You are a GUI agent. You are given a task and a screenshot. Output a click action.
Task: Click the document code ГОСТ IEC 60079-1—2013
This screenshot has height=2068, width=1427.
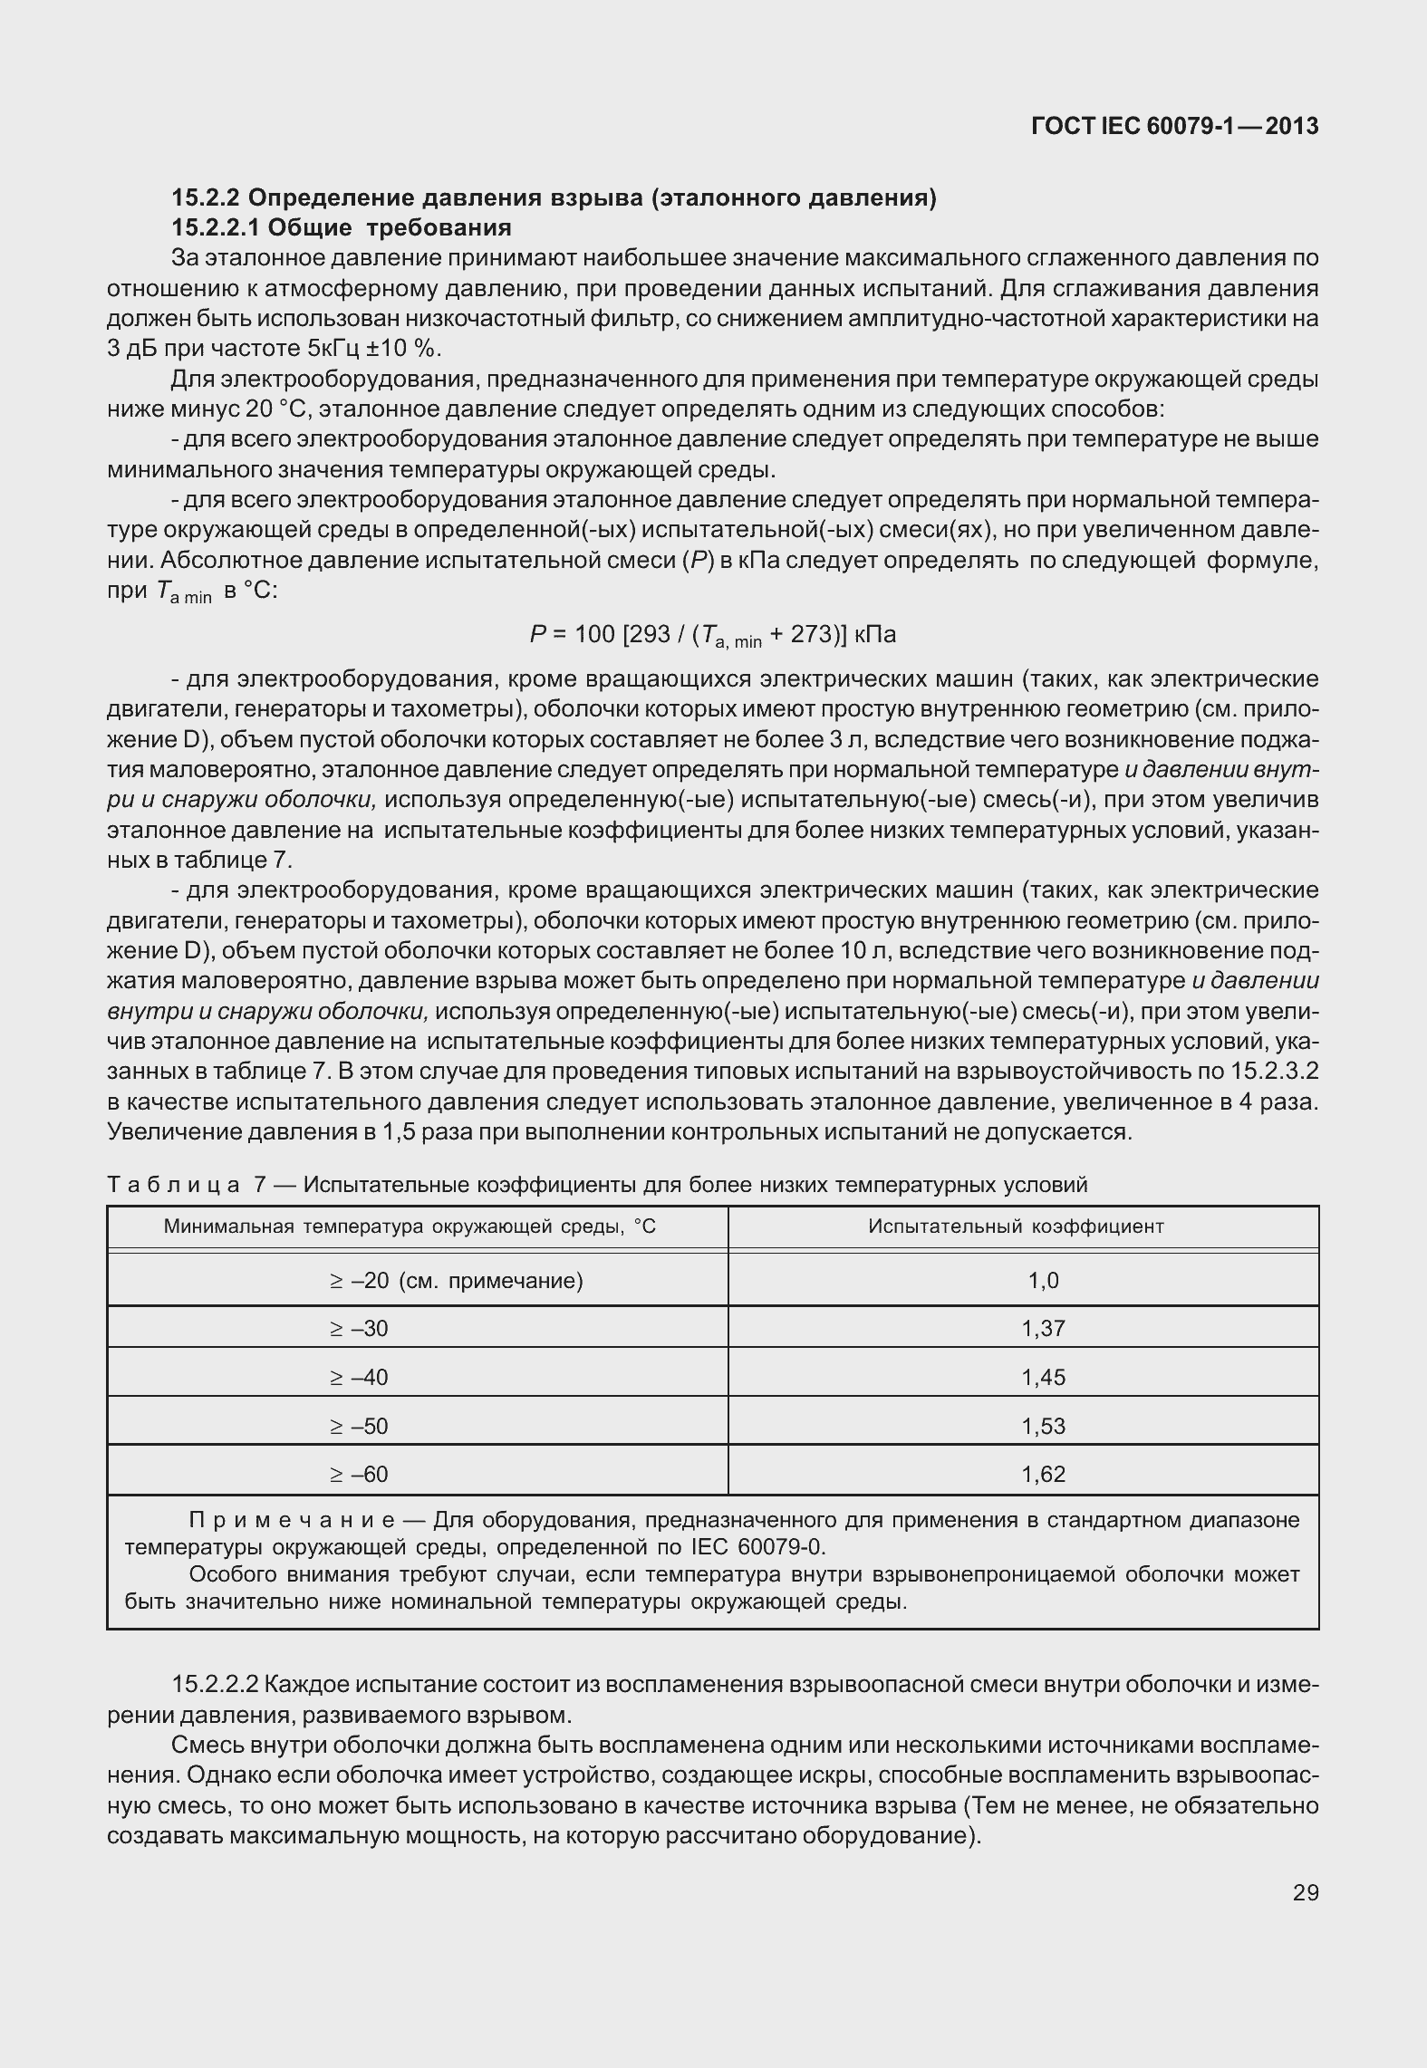(x=1174, y=126)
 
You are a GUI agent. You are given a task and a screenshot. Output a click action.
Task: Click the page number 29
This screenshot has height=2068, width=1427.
(x=1305, y=1892)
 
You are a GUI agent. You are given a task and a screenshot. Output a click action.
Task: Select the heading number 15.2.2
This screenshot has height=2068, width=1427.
(x=206, y=197)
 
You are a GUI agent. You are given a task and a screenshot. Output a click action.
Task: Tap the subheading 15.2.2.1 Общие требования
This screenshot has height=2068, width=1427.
(x=342, y=226)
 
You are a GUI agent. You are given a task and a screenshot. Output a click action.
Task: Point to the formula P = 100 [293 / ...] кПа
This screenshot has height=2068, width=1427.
(x=712, y=635)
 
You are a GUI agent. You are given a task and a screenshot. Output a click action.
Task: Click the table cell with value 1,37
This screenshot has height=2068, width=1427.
(x=1043, y=1328)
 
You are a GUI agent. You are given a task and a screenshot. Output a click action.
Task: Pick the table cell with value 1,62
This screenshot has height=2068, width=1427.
(x=1043, y=1474)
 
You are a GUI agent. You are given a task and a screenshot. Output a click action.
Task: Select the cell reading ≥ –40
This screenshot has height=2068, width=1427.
(x=359, y=1377)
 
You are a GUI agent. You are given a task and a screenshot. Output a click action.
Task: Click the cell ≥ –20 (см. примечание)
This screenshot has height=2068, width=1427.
(x=456, y=1280)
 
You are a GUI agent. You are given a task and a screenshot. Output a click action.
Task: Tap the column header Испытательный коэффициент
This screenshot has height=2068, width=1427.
(x=1016, y=1226)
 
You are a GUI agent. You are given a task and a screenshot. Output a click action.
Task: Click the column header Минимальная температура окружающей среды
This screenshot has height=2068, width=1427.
(x=410, y=1226)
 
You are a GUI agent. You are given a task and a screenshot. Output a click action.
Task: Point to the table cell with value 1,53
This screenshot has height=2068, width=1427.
(x=1043, y=1426)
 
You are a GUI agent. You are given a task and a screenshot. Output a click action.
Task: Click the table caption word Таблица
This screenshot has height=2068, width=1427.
(x=173, y=1185)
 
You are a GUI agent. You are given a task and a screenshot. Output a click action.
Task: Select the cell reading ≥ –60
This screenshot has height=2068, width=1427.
(x=359, y=1474)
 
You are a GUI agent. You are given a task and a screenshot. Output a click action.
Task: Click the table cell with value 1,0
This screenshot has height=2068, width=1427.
(x=1043, y=1280)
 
